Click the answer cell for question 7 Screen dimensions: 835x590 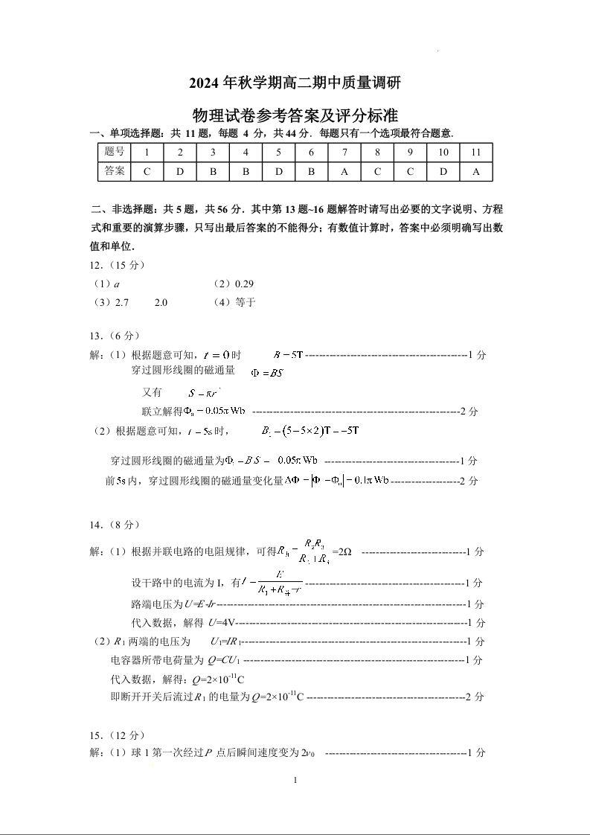coord(344,171)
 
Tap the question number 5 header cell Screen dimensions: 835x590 coord(278,152)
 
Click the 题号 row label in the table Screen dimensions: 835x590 coord(114,152)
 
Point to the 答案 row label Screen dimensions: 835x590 coord(114,171)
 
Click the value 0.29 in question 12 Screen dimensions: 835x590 coord(244,284)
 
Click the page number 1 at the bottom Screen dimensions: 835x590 coord(295,780)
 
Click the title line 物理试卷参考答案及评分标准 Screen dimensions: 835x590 coord(295,115)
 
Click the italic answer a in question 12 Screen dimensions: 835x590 coord(118,284)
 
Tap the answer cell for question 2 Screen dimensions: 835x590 coord(179,171)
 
